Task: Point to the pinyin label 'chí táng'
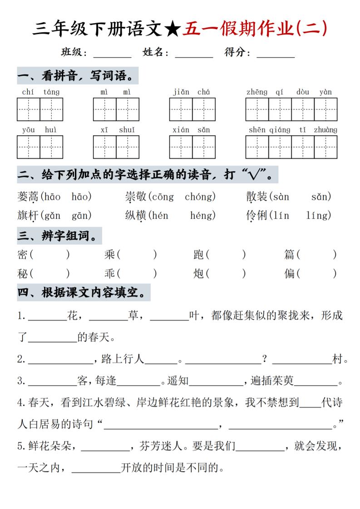pos(40,92)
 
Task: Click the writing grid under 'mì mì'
pos(116,109)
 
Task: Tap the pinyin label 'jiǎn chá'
pos(192,92)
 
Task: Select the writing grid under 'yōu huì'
pos(40,147)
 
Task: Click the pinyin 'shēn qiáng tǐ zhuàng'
pos(292,130)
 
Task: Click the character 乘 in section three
pos(110,255)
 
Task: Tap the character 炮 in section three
pos(199,274)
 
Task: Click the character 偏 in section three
pos(289,274)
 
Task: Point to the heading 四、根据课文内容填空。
pos(84,293)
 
